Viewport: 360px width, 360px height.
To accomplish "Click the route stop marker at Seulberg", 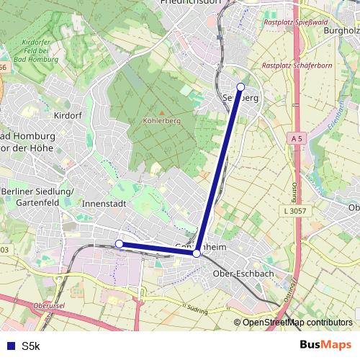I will click(240, 87).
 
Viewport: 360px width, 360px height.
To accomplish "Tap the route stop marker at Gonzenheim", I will click(197, 253).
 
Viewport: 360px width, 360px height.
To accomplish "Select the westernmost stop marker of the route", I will click(120, 244).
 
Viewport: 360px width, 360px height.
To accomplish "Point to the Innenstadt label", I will click(104, 204).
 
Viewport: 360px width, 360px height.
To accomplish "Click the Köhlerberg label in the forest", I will click(162, 120).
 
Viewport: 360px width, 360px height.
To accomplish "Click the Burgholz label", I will click(341, 31).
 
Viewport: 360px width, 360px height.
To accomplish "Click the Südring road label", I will click(197, 312).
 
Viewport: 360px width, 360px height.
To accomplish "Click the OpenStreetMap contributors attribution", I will click(297, 323).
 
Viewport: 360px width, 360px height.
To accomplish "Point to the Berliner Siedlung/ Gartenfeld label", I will click(35, 197).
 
